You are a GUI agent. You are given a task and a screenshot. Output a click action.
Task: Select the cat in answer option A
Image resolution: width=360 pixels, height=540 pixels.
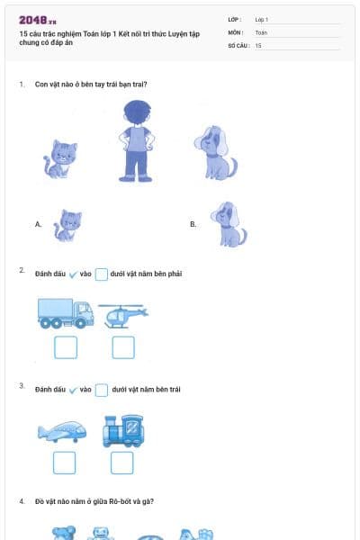(x=67, y=225)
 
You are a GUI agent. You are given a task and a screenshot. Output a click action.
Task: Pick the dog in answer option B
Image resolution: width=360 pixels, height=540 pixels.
(x=228, y=224)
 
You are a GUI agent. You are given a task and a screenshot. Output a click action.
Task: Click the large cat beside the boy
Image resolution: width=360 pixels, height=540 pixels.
(x=61, y=158)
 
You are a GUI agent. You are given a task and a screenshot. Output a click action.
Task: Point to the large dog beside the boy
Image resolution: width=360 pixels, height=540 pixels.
(x=215, y=153)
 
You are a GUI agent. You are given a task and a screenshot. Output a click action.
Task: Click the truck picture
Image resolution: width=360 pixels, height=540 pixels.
(x=65, y=313)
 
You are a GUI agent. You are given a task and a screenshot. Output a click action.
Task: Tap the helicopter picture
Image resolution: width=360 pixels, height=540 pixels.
(x=122, y=315)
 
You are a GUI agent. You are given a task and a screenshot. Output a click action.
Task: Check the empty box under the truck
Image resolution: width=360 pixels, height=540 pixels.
(x=65, y=347)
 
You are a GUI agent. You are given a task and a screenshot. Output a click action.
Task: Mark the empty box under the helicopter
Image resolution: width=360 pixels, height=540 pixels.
(x=122, y=347)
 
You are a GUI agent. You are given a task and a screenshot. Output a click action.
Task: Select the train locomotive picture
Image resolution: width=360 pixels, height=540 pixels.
(x=123, y=431)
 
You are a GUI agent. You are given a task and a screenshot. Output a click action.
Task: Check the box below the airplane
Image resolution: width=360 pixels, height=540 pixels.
(x=64, y=463)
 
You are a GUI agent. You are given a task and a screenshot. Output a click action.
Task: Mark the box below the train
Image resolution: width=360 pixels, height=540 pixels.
(x=121, y=463)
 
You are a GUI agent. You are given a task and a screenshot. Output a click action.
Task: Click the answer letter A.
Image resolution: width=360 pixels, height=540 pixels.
(x=38, y=224)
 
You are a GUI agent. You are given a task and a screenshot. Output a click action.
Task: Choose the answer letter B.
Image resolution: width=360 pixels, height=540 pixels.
(x=193, y=224)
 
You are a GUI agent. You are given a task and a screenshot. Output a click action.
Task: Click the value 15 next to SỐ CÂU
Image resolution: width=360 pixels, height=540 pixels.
(x=258, y=45)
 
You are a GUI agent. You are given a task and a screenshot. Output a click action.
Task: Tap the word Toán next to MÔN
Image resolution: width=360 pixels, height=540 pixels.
(x=261, y=31)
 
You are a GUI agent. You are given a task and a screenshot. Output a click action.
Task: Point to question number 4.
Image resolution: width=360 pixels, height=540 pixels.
(x=22, y=500)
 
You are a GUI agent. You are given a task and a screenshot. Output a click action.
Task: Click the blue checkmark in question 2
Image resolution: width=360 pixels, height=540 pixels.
(x=73, y=274)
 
